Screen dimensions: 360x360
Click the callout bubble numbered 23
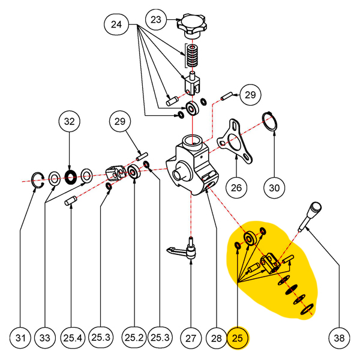(x=156, y=20)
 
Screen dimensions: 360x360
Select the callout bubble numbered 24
(x=116, y=25)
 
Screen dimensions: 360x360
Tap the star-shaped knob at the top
(x=191, y=25)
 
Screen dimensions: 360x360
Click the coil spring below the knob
(x=192, y=56)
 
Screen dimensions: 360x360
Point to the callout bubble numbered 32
(x=70, y=121)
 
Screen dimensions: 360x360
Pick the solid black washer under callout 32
(x=70, y=177)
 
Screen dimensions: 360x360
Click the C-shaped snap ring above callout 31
(x=37, y=180)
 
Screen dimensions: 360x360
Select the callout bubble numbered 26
(x=236, y=188)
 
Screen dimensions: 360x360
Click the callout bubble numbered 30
(x=274, y=188)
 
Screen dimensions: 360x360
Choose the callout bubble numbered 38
(x=339, y=338)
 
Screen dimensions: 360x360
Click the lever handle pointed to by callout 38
(x=310, y=217)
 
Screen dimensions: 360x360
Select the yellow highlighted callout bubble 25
(x=238, y=338)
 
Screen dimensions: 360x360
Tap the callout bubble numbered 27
(x=191, y=338)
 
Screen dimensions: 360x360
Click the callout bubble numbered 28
(x=216, y=338)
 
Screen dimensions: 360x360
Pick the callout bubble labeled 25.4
(x=73, y=338)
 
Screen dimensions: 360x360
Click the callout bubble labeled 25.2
(x=134, y=337)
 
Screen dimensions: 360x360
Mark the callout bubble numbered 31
(x=20, y=338)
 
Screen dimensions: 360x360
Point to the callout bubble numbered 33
(x=45, y=338)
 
